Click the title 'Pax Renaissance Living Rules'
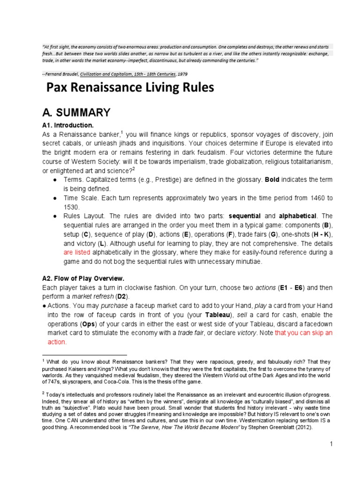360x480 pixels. [129, 88]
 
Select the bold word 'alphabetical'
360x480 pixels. [298, 216]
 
